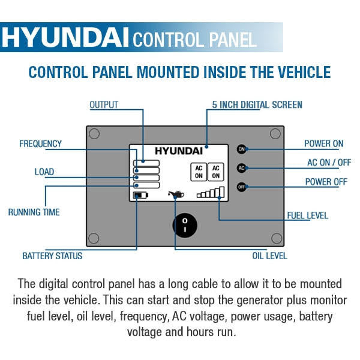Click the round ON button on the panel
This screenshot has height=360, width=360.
point(242,149)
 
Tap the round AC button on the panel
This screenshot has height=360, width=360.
point(242,167)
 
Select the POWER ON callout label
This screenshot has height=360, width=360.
point(324,144)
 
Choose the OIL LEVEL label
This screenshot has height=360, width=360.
point(269,256)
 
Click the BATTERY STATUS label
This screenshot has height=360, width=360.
point(52,256)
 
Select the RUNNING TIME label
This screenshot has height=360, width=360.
point(34,212)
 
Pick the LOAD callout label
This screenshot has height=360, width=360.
point(44,172)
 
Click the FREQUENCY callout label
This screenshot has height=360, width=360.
point(40,144)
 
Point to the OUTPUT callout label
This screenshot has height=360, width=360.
point(104,105)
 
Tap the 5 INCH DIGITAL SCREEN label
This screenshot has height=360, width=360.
point(257,105)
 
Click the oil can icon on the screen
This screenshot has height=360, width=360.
point(176,194)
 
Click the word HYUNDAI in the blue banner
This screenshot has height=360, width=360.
point(65,38)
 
